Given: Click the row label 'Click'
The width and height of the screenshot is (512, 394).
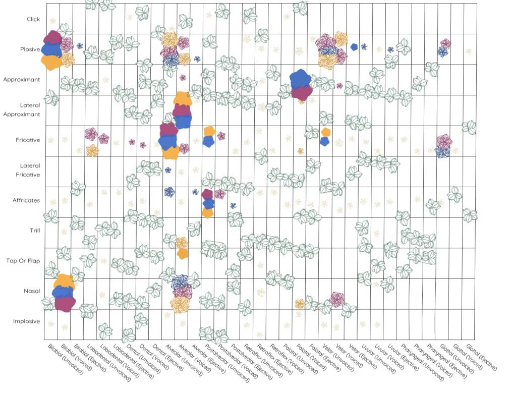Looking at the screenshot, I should point(34,20).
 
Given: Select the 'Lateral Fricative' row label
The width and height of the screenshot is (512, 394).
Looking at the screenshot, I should point(30,170).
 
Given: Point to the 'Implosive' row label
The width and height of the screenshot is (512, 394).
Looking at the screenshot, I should point(27,321).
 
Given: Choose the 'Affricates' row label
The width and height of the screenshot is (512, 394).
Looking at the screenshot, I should point(26,201).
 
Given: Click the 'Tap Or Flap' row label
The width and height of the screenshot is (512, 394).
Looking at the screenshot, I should point(23,261).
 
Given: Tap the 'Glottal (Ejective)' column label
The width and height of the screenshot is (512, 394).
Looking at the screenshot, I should point(482,358).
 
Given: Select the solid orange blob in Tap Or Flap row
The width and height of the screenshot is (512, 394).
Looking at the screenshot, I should point(183,254).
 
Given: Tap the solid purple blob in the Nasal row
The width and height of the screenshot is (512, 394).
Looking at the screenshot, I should point(65,304).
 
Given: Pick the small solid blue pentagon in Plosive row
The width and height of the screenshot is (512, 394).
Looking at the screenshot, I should point(354,47).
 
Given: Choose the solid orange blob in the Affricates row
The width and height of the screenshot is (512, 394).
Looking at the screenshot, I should point(207,212).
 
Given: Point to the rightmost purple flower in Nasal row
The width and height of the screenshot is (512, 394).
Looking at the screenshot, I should point(336,300).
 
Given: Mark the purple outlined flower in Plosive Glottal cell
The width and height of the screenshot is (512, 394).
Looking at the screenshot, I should point(445,44).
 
